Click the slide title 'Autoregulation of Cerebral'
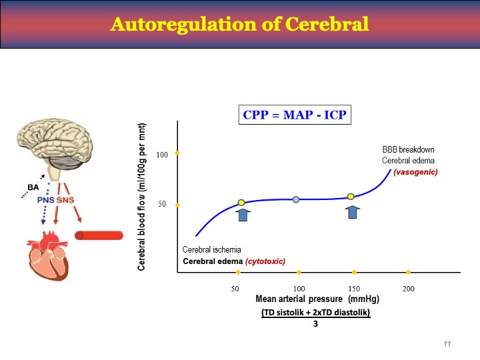pos(239,25)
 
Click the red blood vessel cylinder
pos(99,235)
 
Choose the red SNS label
pos(65,201)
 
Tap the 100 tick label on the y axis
pos(162,155)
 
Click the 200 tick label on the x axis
pos(409,288)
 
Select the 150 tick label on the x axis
pos(354,288)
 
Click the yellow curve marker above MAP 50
pos(241,202)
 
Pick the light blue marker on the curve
pos(296,199)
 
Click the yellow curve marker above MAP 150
pos(351,197)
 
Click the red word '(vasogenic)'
pos(415,172)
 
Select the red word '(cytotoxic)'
pos(265,261)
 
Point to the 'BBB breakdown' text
pos(408,149)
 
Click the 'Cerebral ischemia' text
pos(212,249)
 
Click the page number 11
pos(447,343)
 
